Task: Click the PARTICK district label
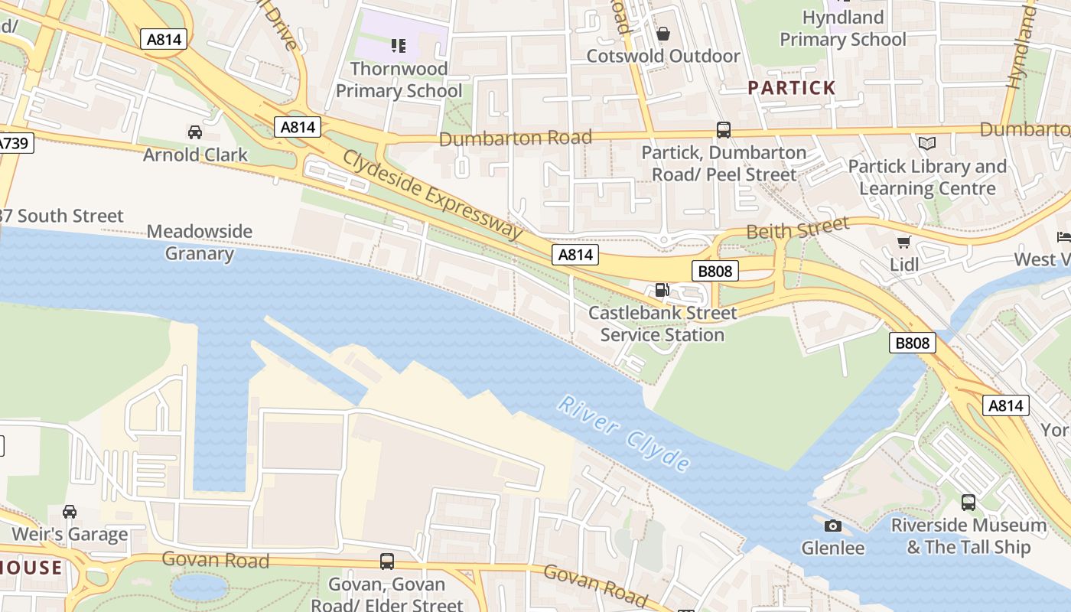click(x=791, y=88)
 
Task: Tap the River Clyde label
click(x=624, y=432)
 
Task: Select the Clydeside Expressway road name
click(x=431, y=194)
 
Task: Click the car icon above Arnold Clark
click(x=195, y=132)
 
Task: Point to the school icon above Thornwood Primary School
click(x=398, y=46)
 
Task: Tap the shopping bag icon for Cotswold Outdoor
click(x=663, y=34)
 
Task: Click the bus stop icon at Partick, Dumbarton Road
click(x=724, y=130)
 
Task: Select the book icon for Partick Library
click(x=927, y=144)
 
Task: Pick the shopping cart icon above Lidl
click(x=903, y=243)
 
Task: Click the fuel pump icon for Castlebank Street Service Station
click(x=662, y=290)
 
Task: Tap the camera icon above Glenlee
click(x=833, y=526)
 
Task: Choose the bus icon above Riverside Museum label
click(x=968, y=503)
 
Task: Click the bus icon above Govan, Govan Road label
click(x=387, y=562)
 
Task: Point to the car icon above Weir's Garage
click(x=70, y=511)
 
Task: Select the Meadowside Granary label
click(x=199, y=243)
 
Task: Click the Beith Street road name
click(x=797, y=228)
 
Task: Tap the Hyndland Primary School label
click(x=842, y=28)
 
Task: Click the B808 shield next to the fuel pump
click(x=715, y=271)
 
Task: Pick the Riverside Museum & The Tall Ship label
click(x=968, y=536)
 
